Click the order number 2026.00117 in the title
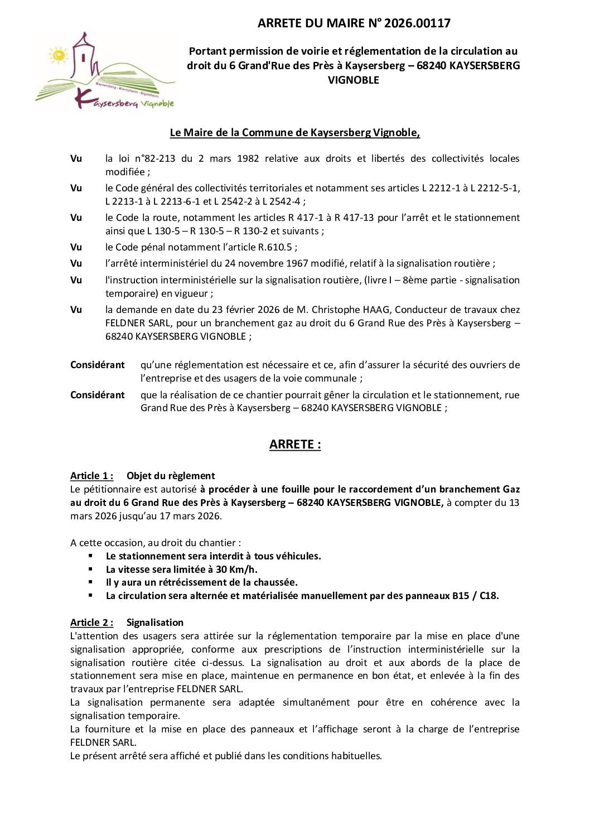pyautogui.click(x=415, y=23)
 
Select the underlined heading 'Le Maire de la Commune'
pyautogui.click(x=294, y=132)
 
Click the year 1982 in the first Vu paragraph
pyautogui.click(x=248, y=158)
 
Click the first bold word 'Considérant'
pyautogui.click(x=97, y=365)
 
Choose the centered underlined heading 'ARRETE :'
pyautogui.click(x=294, y=444)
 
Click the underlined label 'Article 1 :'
pyautogui.click(x=91, y=476)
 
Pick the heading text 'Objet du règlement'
pyautogui.click(x=171, y=476)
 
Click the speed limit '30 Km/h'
pyautogui.click(x=236, y=569)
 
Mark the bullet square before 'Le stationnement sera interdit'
pyautogui.click(x=90, y=556)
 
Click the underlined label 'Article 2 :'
pyautogui.click(x=91, y=622)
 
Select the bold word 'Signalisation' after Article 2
pyautogui.click(x=154, y=622)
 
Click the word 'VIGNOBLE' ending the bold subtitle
pyautogui.click(x=353, y=80)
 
